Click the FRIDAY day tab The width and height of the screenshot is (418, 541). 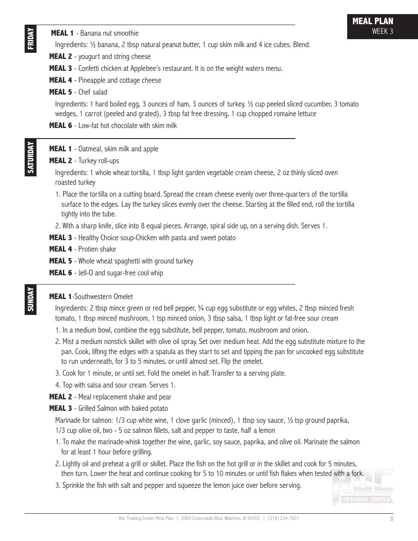coord(30,40)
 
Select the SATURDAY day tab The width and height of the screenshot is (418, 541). coord(30,157)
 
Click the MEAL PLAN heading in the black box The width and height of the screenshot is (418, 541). coord(373,21)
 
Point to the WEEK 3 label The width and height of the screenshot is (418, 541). coord(382,31)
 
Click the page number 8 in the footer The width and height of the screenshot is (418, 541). coord(392,519)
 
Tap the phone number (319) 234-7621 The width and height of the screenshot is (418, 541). coord(283,519)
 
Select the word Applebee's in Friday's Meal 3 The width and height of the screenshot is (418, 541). coord(149,69)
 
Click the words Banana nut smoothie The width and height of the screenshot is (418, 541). coord(110,33)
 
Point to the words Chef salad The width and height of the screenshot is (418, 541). coord(93,92)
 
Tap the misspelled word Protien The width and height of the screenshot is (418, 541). coord(89,249)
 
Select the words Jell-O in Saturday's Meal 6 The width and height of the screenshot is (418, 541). coord(85,273)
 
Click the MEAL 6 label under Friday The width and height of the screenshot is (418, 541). coord(60,126)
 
